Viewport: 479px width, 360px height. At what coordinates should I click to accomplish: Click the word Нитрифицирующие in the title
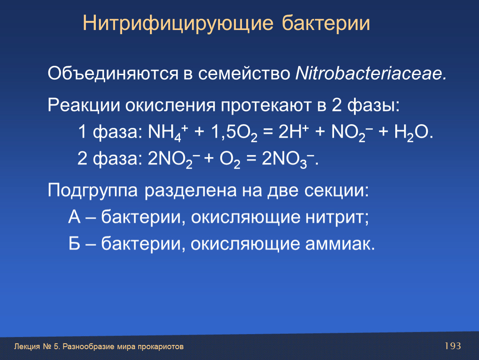tap(178, 24)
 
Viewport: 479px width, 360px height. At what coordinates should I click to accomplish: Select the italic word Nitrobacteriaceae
tap(371, 74)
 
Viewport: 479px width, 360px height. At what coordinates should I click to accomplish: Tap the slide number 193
tap(453, 346)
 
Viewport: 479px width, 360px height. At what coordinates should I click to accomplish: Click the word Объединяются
tap(113, 74)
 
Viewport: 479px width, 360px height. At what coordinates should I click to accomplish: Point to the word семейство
tap(244, 74)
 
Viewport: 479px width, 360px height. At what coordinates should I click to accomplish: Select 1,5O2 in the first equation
tap(234, 133)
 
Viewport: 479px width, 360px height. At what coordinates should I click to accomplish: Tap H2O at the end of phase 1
tap(413, 133)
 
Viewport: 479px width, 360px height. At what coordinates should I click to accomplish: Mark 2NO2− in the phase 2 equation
tap(174, 159)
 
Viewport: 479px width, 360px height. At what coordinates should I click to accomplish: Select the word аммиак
tap(340, 244)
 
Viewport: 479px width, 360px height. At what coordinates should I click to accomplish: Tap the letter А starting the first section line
tap(75, 217)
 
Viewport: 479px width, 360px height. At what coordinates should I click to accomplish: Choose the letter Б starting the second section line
tap(74, 244)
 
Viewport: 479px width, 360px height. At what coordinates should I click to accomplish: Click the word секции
tap(336, 191)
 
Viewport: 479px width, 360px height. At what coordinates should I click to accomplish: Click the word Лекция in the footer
tap(27, 347)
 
